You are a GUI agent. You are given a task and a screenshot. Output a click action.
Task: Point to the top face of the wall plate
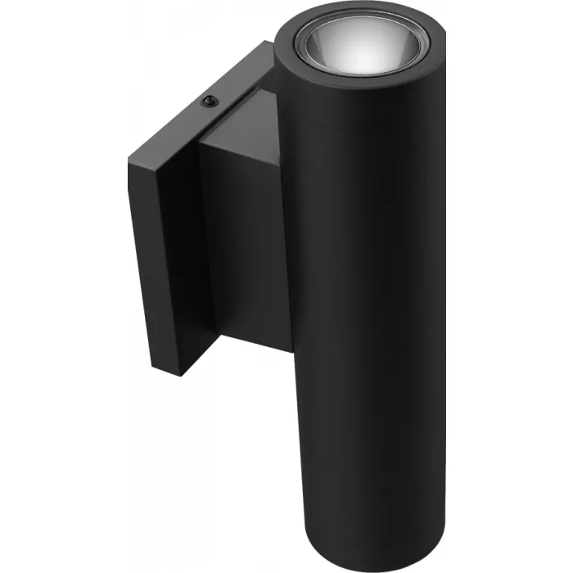coord(196,106)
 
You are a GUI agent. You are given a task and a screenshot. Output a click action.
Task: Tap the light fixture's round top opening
coord(360,45)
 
